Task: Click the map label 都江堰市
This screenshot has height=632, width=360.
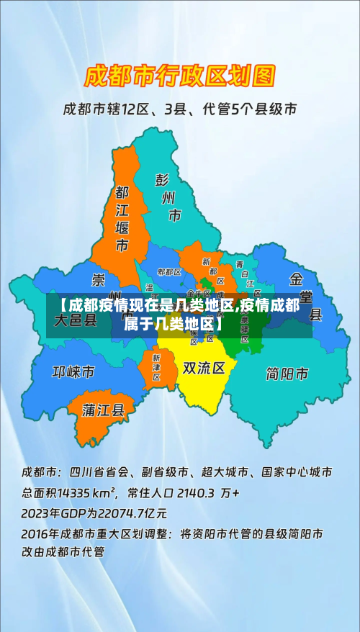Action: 122,220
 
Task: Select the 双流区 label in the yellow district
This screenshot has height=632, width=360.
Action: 204,368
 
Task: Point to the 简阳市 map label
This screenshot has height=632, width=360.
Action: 287,374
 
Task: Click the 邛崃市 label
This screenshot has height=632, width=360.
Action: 73,372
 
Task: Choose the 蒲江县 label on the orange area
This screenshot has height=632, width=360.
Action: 104,410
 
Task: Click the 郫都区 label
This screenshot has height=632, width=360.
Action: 169,272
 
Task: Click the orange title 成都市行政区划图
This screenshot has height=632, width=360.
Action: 180,74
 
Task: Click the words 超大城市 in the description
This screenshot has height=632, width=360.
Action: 226,473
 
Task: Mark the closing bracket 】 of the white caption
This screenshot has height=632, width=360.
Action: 218,324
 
